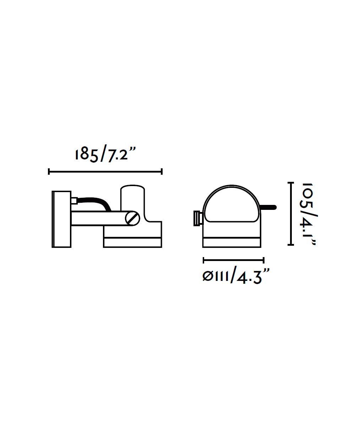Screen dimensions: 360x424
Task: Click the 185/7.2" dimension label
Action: [x=105, y=155]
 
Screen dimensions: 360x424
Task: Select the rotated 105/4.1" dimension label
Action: [x=309, y=214]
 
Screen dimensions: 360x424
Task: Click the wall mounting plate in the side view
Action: [x=61, y=219]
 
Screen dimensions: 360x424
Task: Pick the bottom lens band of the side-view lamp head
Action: [x=133, y=243]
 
